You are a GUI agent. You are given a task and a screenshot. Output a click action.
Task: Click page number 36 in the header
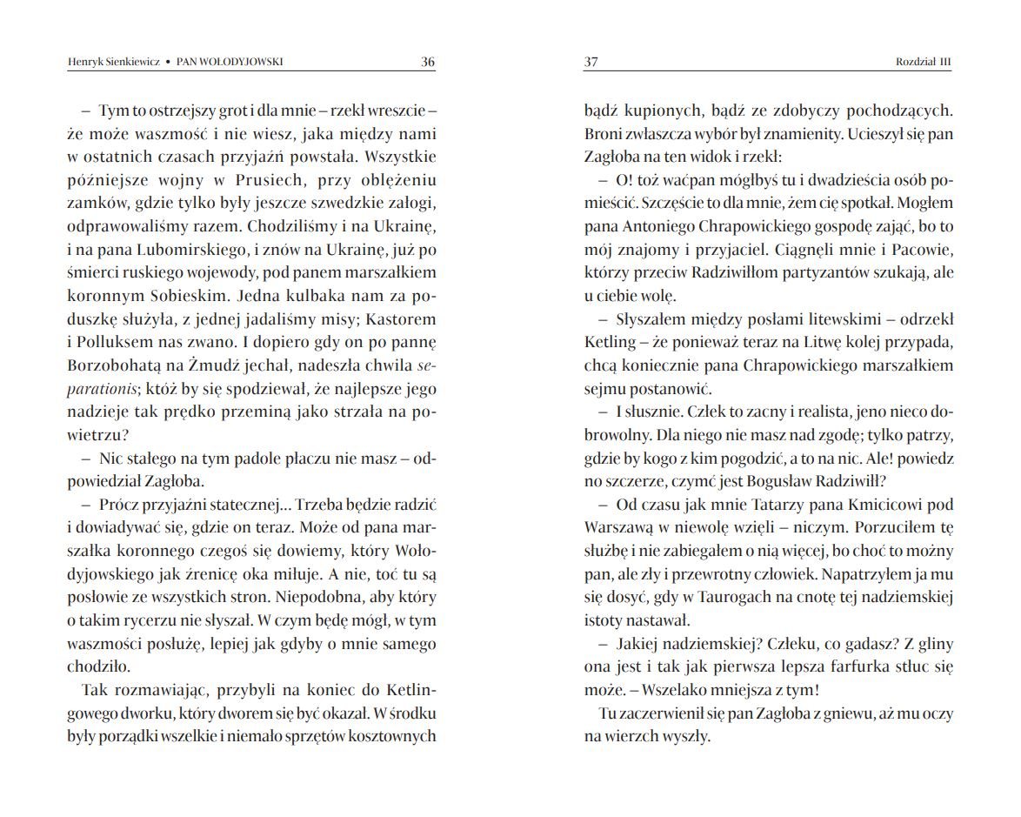coord(427,62)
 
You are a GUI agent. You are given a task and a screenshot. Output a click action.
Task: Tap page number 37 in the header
coord(591,62)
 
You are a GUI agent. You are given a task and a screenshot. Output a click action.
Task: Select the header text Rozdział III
coord(924,62)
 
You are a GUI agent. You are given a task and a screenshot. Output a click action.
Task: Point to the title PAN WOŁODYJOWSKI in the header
coord(230,62)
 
